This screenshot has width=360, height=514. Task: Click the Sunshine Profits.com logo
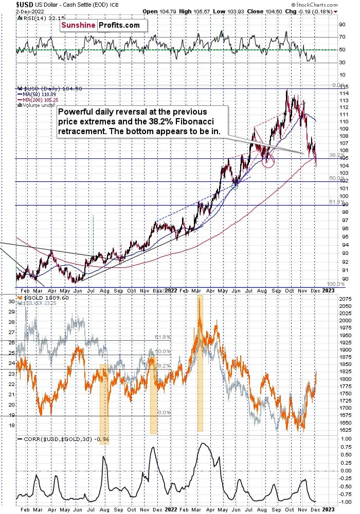click(103, 25)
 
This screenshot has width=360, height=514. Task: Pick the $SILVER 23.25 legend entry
click(39, 303)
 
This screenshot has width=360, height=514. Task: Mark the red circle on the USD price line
click(268, 161)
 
